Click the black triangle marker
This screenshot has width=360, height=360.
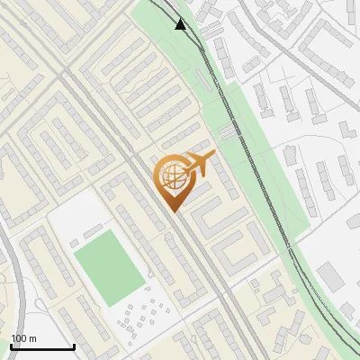181,24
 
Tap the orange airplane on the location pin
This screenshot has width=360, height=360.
197,165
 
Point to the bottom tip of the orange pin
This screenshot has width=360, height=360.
174,211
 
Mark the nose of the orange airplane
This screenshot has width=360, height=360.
213,158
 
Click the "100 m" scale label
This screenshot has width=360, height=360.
23,338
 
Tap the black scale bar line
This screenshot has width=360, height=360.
41,346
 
